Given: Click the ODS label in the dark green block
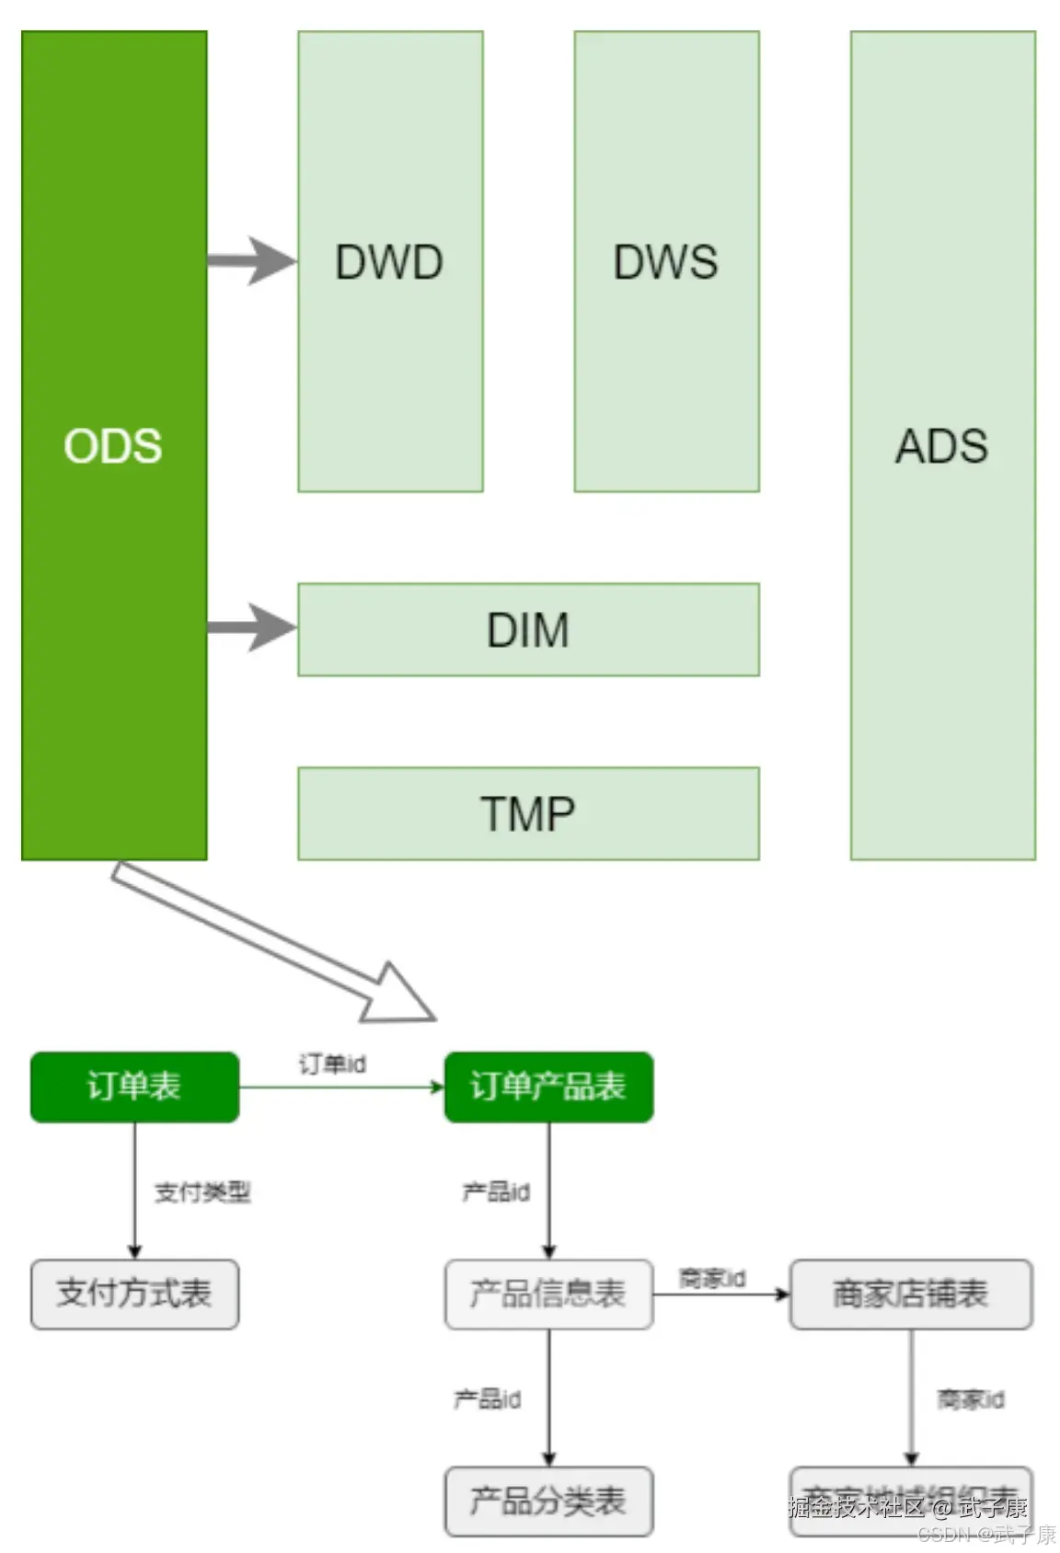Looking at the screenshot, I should [x=113, y=445].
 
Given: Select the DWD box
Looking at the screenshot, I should [x=390, y=261].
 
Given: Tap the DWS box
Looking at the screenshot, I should [x=666, y=261].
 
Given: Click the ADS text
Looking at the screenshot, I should [x=941, y=446].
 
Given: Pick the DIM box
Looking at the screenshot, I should [x=528, y=629].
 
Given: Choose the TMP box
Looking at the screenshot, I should [x=528, y=813].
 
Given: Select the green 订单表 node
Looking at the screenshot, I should [x=134, y=1087].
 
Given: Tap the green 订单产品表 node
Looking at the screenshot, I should [x=548, y=1087].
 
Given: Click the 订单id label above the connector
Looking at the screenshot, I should [x=332, y=1064].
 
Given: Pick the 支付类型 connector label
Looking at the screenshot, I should [x=202, y=1191].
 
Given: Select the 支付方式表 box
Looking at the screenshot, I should [x=134, y=1294].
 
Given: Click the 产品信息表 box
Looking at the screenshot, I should [x=548, y=1294].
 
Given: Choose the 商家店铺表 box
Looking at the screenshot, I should [x=910, y=1294].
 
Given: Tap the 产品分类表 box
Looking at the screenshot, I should [x=548, y=1501].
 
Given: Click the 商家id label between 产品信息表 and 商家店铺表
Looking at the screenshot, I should [x=712, y=1278].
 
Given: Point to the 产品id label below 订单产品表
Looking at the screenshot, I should [x=496, y=1191].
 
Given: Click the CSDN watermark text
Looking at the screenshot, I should [x=986, y=1535].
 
